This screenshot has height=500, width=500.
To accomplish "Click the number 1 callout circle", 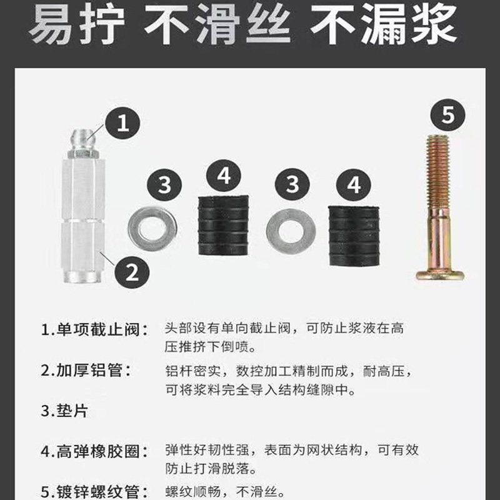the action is pyautogui.click(x=122, y=123).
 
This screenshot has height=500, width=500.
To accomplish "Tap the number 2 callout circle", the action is pyautogui.click(x=132, y=271).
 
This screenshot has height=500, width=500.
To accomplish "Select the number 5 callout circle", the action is pyautogui.click(x=448, y=115).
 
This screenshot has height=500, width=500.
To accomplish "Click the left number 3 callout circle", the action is pyautogui.click(x=164, y=185).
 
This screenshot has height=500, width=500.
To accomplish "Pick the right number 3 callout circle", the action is pyautogui.click(x=292, y=184).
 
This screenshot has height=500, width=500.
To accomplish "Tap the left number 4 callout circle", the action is pyautogui.click(x=224, y=176).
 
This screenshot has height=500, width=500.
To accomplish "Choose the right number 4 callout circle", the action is pyautogui.click(x=354, y=185).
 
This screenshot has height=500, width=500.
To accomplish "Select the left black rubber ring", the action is pyautogui.click(x=223, y=226).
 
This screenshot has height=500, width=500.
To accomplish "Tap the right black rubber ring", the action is pyautogui.click(x=354, y=236).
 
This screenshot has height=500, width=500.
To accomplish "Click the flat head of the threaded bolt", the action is pyautogui.click(x=440, y=275).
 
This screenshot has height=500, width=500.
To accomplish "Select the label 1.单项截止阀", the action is pyautogui.click(x=95, y=329).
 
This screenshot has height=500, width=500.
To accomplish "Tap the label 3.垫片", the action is pyautogui.click(x=64, y=411).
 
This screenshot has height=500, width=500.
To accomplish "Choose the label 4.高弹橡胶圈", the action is pyautogui.click(x=95, y=451).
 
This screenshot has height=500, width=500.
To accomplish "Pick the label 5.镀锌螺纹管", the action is pyautogui.click(x=95, y=491).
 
